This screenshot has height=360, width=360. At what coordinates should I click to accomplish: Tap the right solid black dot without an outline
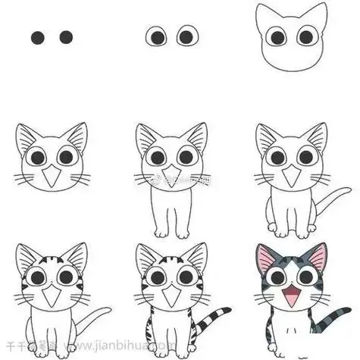click(x=66, y=36)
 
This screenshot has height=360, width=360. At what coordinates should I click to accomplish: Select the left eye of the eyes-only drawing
click(x=157, y=36)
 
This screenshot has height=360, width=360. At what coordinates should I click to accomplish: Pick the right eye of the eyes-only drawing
click(x=186, y=36)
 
